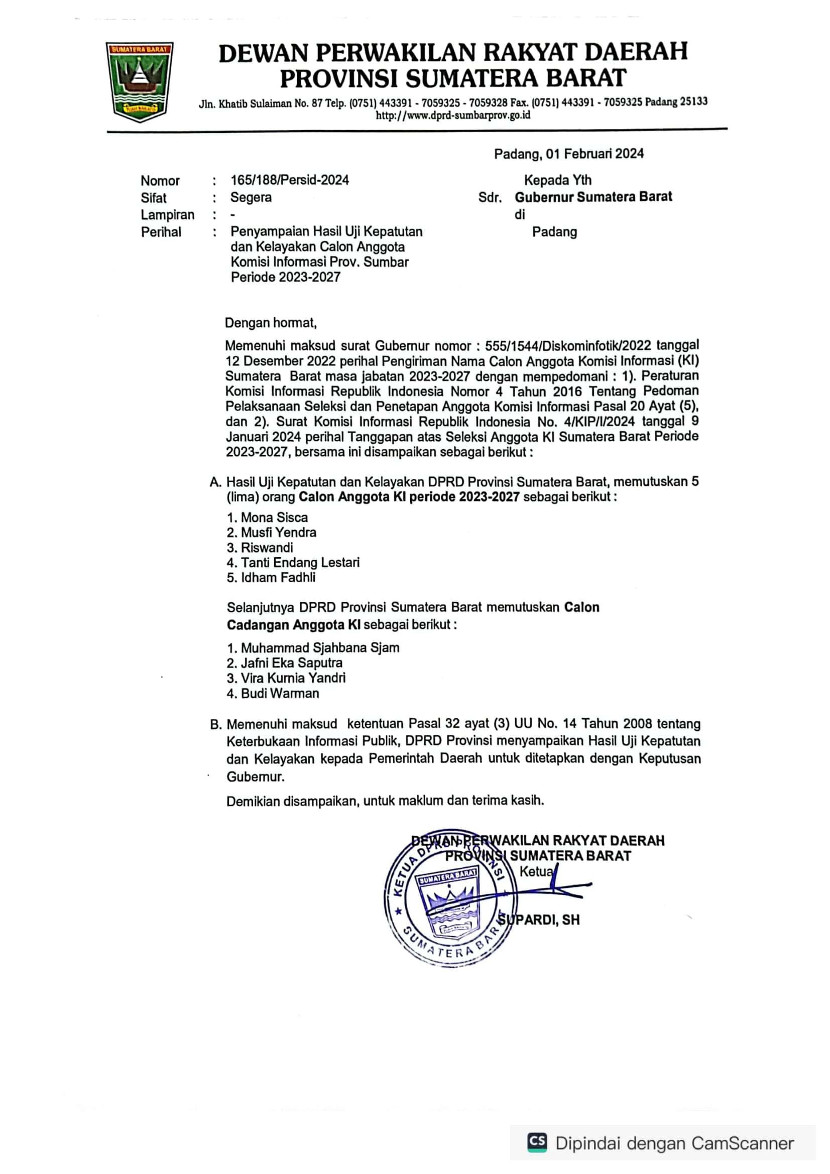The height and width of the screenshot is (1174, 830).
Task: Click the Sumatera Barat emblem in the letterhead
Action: pos(139,81)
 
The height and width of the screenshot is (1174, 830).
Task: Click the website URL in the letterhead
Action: pos(452,115)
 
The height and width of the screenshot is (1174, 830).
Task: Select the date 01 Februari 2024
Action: pos(594,154)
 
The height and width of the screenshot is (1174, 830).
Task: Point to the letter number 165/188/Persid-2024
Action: pos(289,180)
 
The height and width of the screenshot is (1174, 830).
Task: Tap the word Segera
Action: pos(251,197)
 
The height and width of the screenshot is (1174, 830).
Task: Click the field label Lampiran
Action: pos(167,215)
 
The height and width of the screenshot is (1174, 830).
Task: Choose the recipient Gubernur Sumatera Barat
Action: pos(593,197)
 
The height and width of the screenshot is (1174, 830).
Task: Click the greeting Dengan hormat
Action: pos(271,323)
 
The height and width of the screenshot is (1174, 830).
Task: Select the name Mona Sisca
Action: pos(274,517)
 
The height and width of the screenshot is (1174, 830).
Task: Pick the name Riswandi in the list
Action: pos(267,548)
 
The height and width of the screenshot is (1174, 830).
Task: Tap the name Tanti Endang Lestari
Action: pos(300,563)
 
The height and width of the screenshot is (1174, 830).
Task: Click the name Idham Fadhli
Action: pos(278,578)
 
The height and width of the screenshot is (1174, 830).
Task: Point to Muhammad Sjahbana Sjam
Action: pos(320,648)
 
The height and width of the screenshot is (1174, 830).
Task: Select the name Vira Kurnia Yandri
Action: pos(293,678)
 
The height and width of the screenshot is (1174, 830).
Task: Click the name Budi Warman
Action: pos(280,693)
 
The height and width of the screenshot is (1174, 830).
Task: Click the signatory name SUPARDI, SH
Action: pos(540,920)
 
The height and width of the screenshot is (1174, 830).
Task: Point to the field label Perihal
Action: pos(161,232)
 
